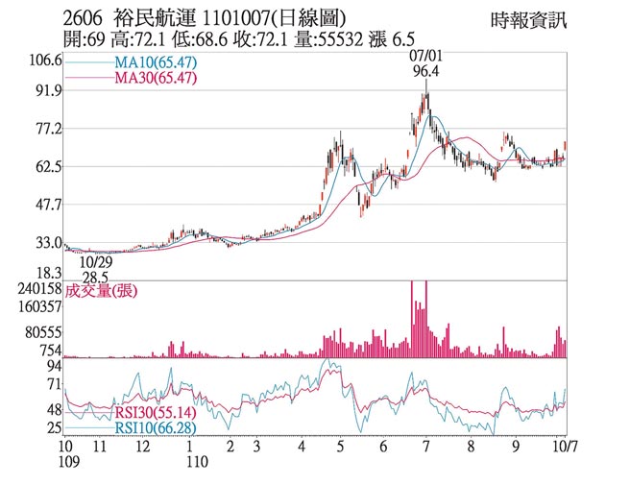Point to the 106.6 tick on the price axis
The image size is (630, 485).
pos(46,61)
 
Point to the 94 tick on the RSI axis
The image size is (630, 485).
pos(54,366)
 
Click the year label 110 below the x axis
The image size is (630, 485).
pos(191,462)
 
